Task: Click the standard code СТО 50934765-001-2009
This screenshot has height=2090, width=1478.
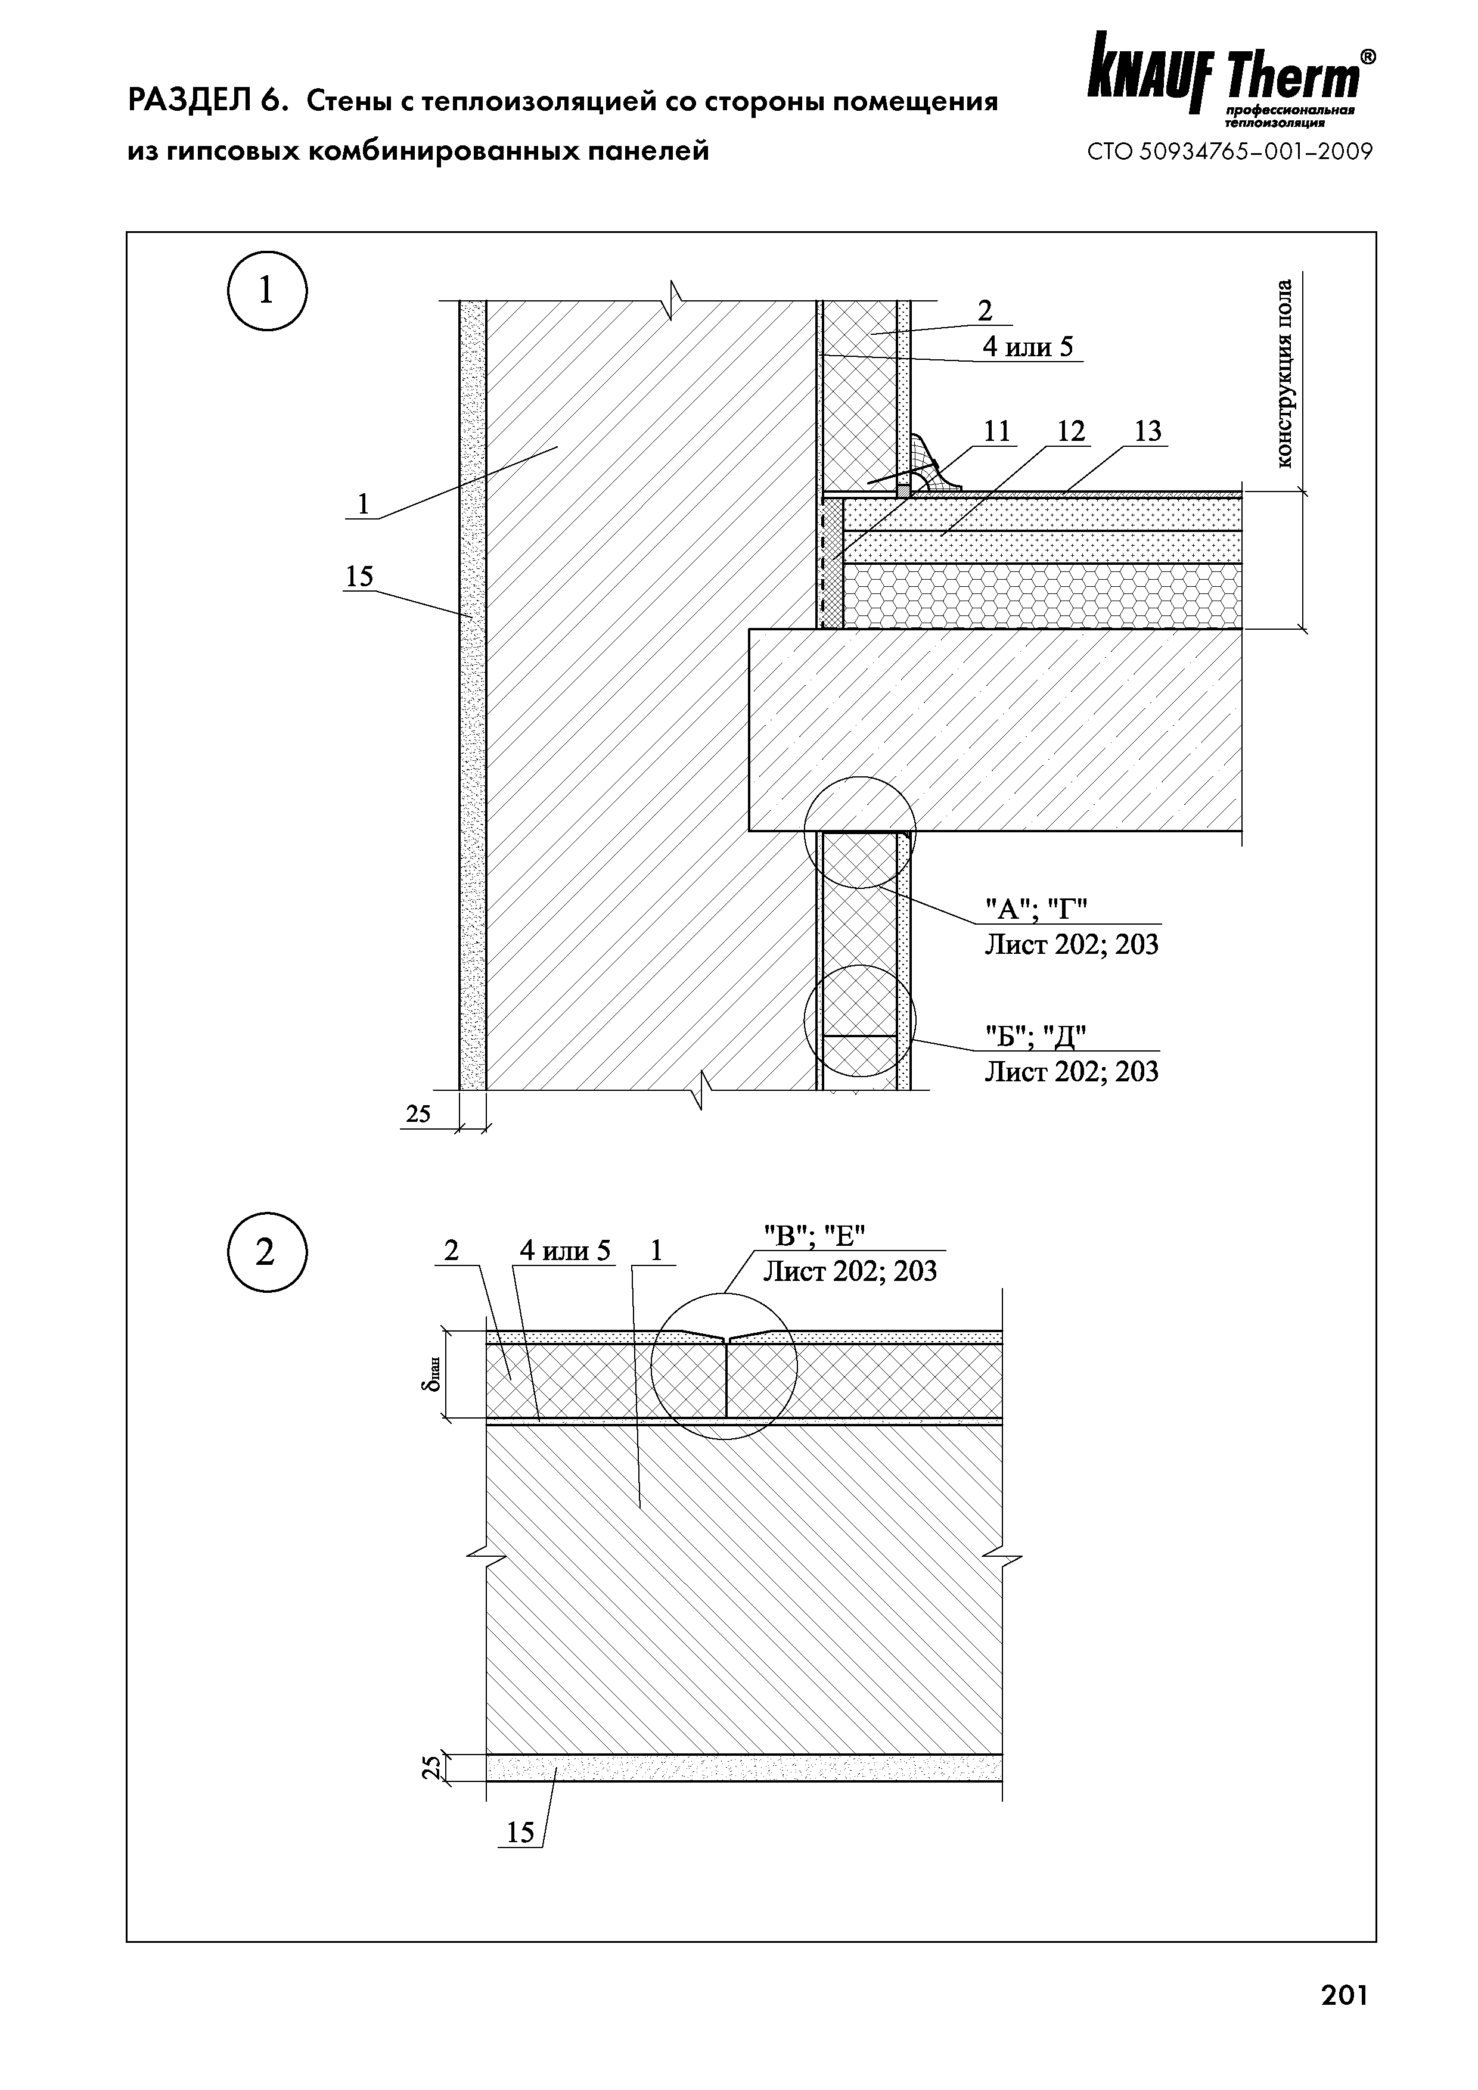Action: click(1230, 152)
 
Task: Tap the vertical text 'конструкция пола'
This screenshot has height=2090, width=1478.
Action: click(1284, 373)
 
